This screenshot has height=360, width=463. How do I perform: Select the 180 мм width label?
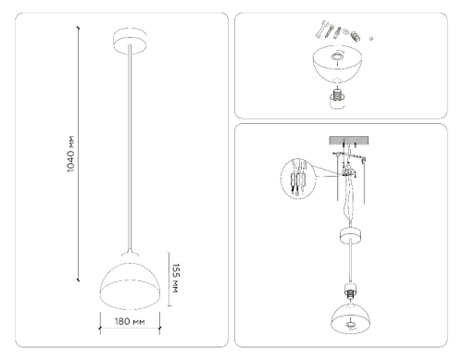click(x=131, y=323)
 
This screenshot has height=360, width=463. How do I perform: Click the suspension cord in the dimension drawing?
click(x=130, y=148)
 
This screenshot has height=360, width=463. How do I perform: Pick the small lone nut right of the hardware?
click(x=371, y=39)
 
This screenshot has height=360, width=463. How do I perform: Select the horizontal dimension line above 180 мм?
click(x=131, y=311)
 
